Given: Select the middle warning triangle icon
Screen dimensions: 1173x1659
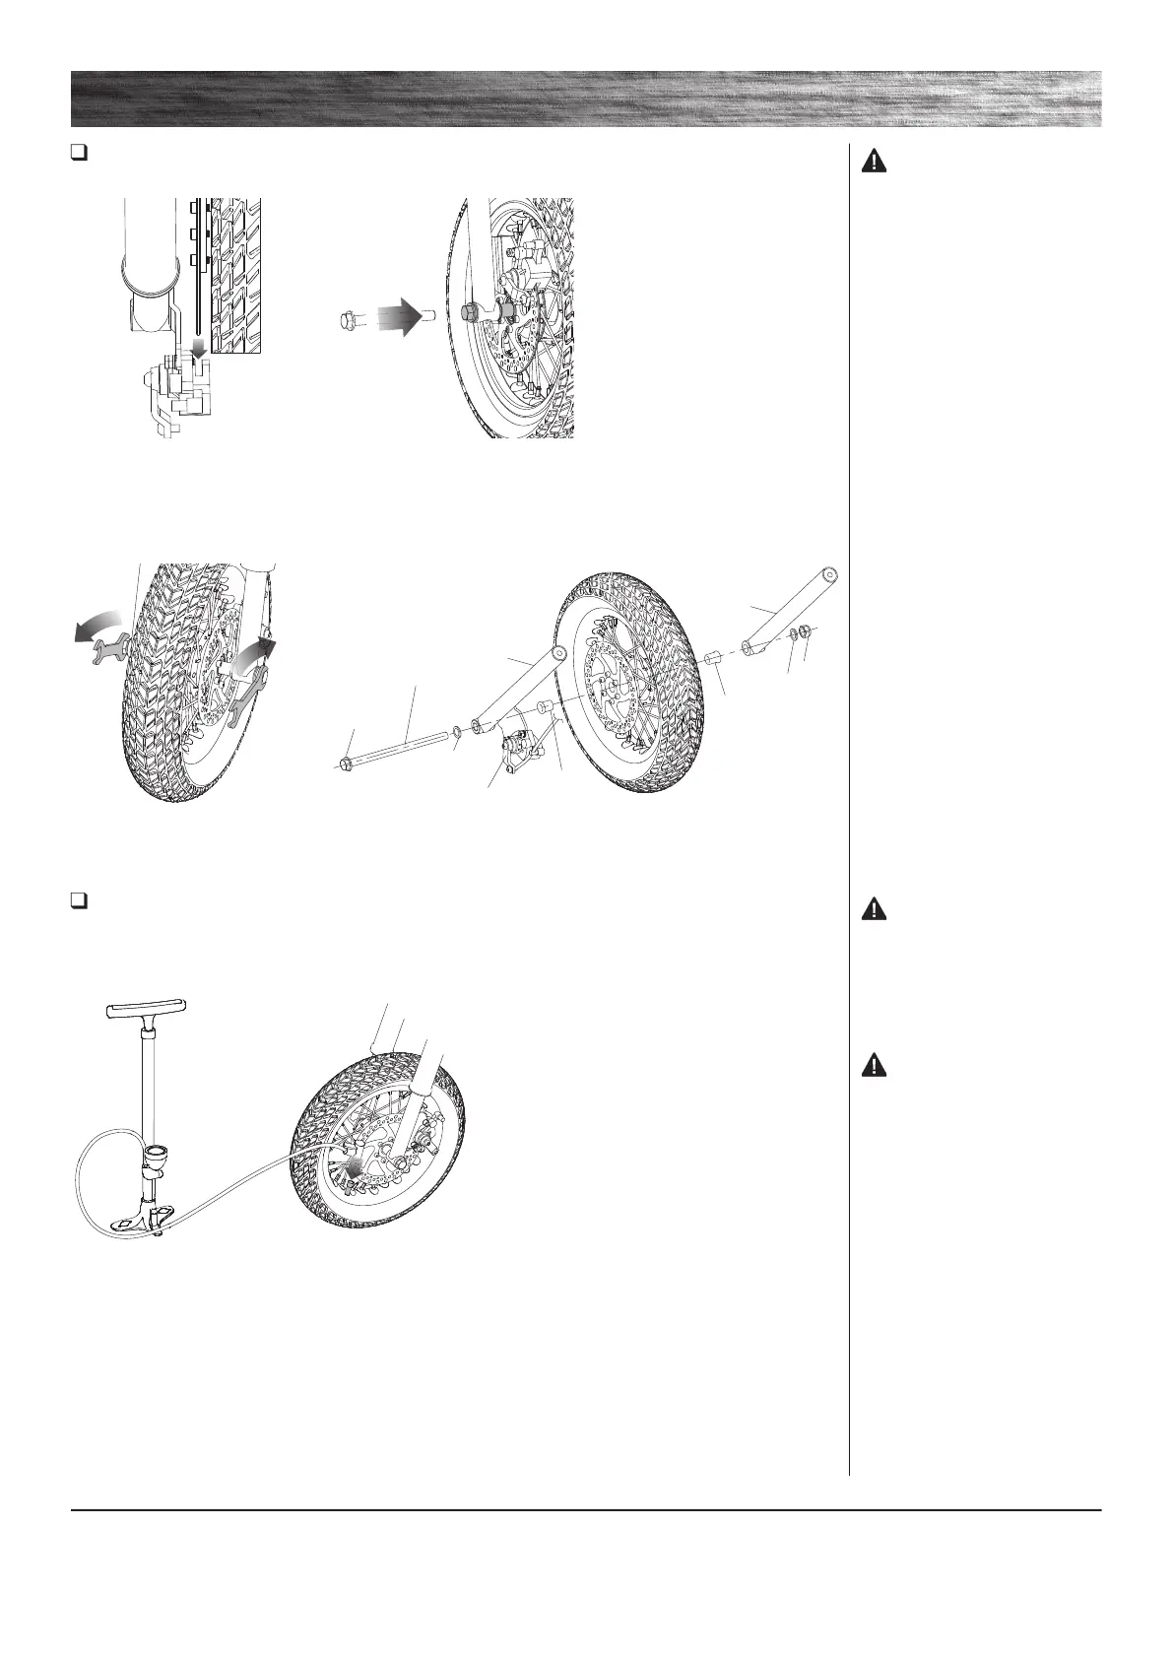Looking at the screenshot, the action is [x=874, y=909].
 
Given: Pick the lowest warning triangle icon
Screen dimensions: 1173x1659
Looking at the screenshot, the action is [x=874, y=1065].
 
